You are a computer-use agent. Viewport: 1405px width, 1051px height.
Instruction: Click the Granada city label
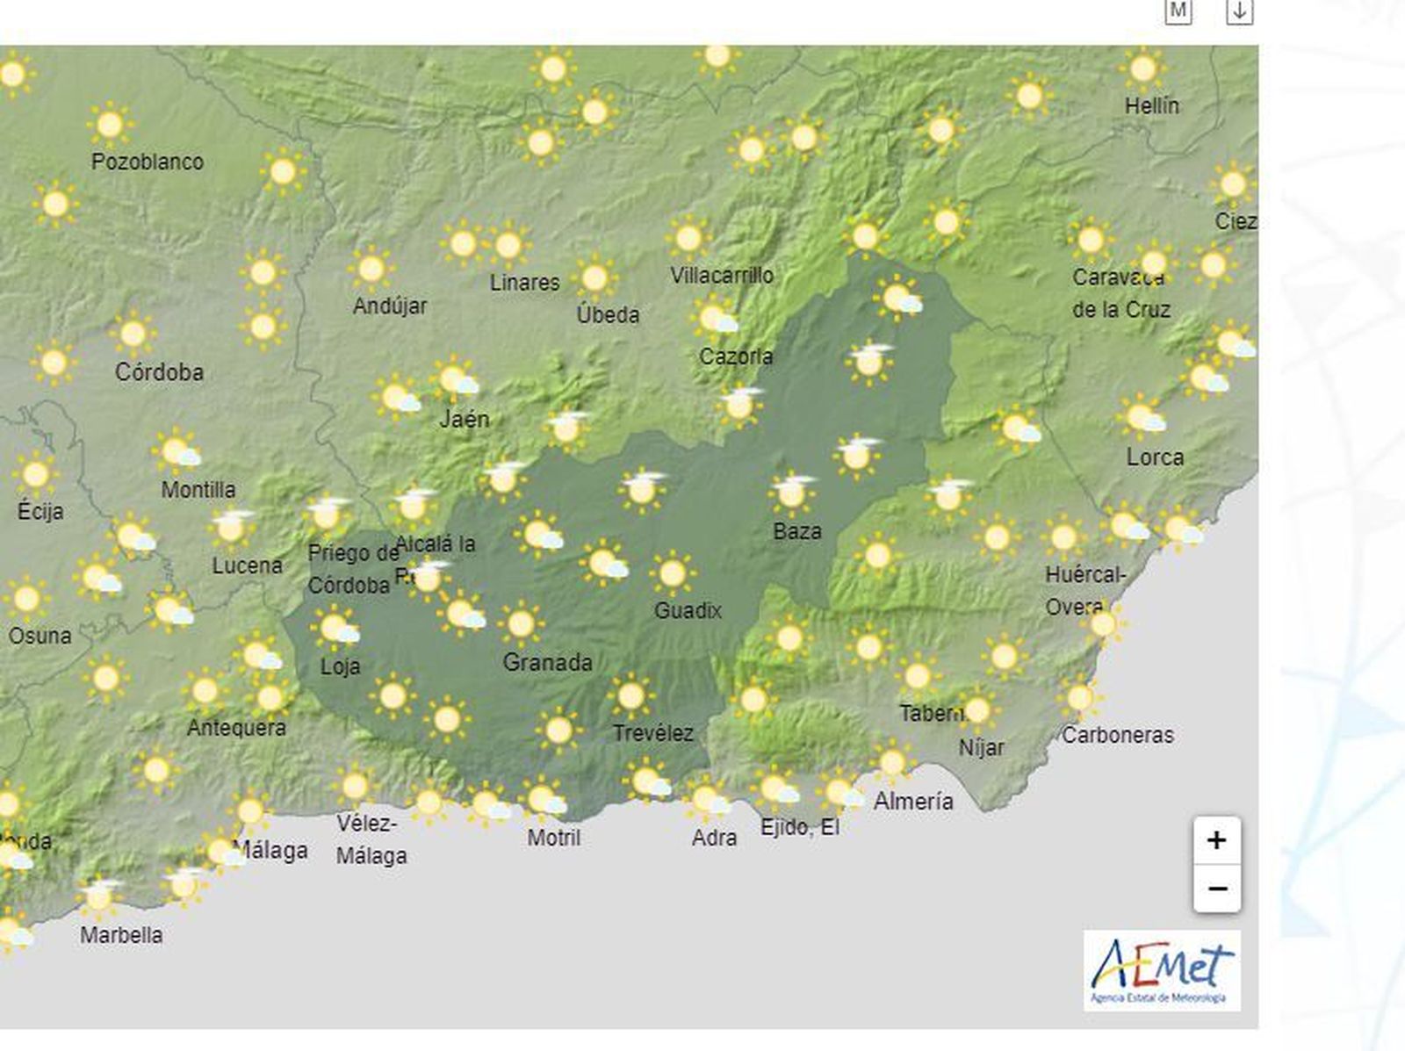547,662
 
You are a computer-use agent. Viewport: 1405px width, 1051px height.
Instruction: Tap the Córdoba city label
159,372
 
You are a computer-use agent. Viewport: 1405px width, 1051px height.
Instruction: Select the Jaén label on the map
465,419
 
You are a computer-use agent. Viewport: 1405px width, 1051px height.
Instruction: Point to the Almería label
913,801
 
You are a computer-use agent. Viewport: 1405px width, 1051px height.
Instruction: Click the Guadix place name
688,610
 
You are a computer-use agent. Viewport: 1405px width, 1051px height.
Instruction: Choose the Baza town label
797,531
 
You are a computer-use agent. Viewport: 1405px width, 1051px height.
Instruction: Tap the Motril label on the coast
553,838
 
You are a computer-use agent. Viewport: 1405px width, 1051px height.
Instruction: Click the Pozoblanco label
148,162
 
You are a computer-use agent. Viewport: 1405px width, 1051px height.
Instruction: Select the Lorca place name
1155,457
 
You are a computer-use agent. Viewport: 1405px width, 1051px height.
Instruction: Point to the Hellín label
1152,106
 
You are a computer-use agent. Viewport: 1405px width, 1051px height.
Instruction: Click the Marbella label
121,935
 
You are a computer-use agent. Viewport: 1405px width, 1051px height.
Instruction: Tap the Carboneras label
1117,735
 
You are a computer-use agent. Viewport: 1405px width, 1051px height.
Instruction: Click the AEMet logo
1162,970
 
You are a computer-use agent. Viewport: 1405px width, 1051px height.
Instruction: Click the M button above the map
1178,11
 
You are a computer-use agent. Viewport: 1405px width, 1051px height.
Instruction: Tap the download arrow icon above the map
1239,11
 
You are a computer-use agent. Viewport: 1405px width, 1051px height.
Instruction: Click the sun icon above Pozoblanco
110,125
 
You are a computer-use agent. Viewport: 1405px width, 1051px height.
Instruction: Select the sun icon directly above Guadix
672,573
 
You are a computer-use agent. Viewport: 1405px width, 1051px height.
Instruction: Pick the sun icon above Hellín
1142,68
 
